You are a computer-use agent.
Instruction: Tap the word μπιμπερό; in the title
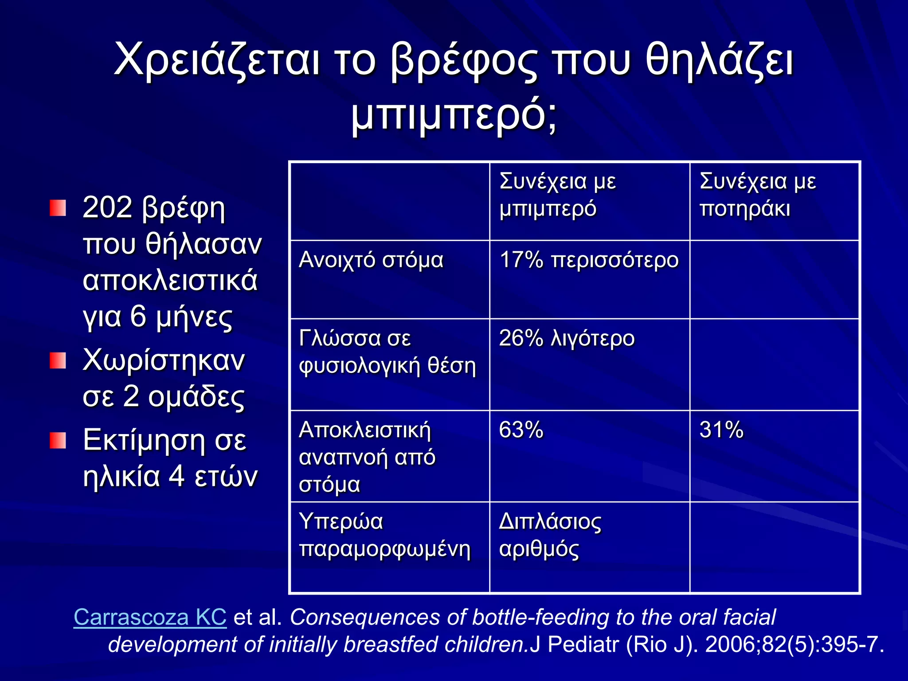(454, 116)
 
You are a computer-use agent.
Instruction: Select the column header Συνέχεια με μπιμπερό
(557, 195)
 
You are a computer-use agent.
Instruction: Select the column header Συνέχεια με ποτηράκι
(757, 195)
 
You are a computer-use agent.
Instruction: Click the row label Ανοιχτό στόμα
(371, 260)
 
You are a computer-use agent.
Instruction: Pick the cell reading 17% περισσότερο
(588, 260)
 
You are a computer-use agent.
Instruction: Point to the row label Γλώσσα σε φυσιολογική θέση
(387, 352)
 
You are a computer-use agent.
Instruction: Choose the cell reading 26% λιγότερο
(567, 339)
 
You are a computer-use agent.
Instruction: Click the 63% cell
(521, 430)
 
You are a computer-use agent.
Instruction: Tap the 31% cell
(721, 430)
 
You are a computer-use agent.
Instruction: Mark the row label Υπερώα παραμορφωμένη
(384, 536)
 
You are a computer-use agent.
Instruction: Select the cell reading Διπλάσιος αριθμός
(550, 536)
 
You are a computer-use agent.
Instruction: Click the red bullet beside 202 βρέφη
(58, 208)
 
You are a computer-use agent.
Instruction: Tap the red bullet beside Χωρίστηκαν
(58, 361)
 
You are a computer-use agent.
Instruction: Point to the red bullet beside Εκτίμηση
(58, 441)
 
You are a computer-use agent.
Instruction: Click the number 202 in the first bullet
(108, 207)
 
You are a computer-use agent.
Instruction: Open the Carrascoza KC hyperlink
(150, 617)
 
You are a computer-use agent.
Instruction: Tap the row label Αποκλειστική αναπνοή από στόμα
(367, 457)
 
